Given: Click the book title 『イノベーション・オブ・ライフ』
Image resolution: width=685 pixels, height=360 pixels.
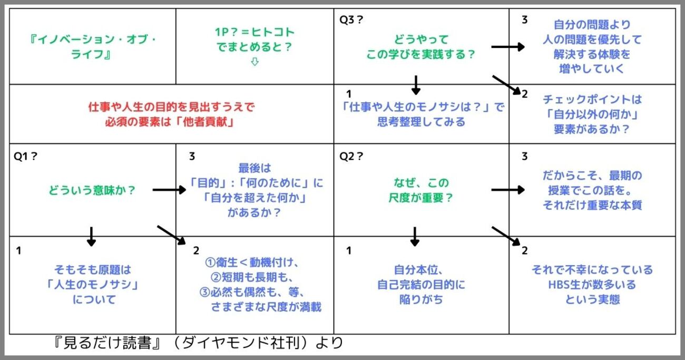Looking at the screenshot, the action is pos(93,47).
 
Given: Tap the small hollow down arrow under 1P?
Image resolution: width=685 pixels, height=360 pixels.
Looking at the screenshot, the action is pos(255,62).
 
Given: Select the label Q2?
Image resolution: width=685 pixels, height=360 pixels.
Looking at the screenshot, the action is pos(352,156).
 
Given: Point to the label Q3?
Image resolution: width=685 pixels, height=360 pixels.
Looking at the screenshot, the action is pos(352,20).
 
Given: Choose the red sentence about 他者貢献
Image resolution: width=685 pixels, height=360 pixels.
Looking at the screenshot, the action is pos(172,114).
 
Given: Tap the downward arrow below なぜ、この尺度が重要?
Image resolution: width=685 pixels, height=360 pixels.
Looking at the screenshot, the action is pos(415,237).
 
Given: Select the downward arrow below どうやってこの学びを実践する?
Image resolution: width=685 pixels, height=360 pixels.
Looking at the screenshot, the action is pos(416,84).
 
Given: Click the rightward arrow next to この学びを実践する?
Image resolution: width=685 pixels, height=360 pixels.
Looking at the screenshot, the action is pos(508,47).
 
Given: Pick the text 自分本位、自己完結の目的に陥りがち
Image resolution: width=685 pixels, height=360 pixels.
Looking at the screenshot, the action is pos(421,284).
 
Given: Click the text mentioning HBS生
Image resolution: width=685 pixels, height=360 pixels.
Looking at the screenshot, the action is pos(592,285).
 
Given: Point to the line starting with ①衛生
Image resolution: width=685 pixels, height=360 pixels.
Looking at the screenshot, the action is pos(256,262).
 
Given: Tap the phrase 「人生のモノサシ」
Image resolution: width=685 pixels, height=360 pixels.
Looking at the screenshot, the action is pos(92,285).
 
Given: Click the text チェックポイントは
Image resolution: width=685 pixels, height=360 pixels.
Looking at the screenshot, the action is pos(592,99).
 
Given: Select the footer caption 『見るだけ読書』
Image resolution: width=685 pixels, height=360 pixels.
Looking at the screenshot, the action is pos(100,343).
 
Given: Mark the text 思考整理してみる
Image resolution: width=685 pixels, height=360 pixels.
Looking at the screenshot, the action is pos(421,122).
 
